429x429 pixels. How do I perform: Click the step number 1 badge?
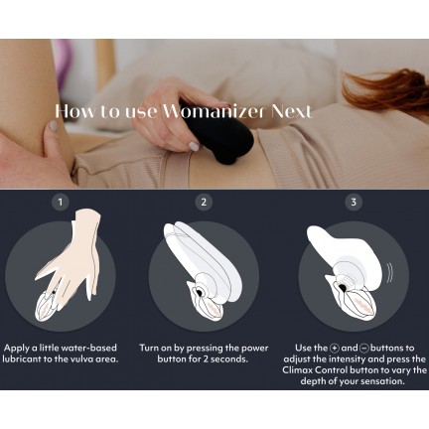[x=61, y=202]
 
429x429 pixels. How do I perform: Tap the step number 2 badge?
[x=204, y=202]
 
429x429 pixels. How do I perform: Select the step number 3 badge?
[x=354, y=202]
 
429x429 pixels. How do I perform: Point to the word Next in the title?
[x=291, y=111]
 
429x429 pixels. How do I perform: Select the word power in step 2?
[x=254, y=349]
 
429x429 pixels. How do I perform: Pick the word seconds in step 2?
[x=229, y=359]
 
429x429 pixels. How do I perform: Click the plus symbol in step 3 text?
[x=335, y=349]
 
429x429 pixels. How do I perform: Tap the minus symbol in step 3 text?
[x=364, y=349]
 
